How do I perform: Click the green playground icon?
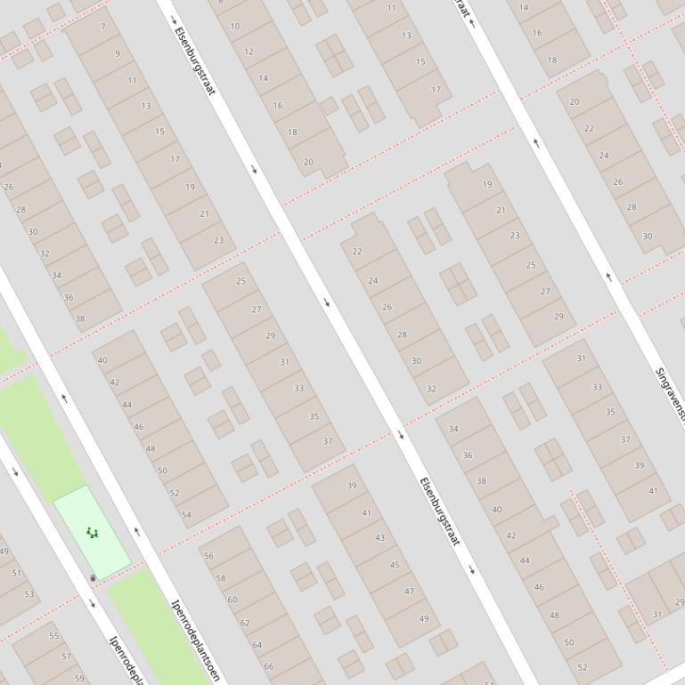(x=92, y=533)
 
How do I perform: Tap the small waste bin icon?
(x=93, y=578)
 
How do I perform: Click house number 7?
(x=103, y=27)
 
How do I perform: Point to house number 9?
(x=118, y=53)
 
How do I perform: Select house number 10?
(x=235, y=26)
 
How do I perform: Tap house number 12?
(x=249, y=52)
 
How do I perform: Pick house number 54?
(x=186, y=515)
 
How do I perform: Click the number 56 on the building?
(x=208, y=556)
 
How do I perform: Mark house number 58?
(x=220, y=578)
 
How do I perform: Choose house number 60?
(x=232, y=600)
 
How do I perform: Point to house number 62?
(x=244, y=624)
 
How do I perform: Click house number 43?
(x=380, y=537)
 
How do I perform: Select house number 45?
(x=395, y=565)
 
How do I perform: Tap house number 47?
(x=409, y=591)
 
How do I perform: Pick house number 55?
(x=53, y=636)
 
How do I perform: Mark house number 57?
(x=66, y=657)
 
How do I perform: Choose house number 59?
(x=78, y=679)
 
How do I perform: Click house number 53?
(x=29, y=594)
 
